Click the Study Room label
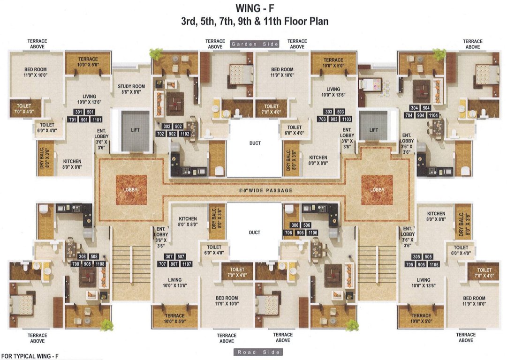point(131,89)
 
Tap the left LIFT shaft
point(135,131)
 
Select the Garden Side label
point(255,44)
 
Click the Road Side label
point(257,352)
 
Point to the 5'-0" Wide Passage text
point(265,190)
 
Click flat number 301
point(79,112)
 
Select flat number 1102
point(185,134)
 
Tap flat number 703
point(322,119)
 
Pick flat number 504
point(426,108)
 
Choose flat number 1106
point(312,232)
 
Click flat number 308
point(83,256)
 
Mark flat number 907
point(174,264)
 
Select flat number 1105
point(434,264)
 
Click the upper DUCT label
point(255,143)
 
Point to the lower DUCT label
point(255,232)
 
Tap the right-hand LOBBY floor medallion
point(377,190)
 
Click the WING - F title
point(255,8)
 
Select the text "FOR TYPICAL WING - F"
point(30,356)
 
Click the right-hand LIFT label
point(373,130)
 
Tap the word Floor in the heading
point(296,22)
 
